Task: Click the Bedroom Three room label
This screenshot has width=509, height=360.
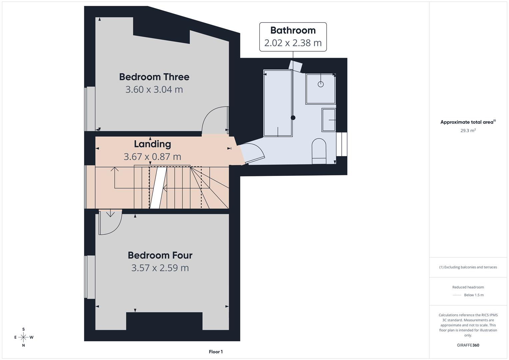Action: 154,77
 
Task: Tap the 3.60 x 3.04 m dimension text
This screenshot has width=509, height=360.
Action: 154,90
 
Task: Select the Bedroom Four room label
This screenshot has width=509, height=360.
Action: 160,255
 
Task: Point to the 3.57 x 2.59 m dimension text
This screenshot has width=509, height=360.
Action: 160,268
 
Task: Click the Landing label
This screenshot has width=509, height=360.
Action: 152,144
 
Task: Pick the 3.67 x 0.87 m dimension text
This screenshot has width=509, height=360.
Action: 152,157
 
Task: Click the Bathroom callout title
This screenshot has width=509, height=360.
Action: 293,30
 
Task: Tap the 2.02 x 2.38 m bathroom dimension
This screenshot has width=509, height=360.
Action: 293,43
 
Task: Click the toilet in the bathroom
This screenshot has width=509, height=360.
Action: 319,151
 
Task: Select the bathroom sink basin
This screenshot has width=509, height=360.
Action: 329,120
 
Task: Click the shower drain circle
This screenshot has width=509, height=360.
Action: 321,84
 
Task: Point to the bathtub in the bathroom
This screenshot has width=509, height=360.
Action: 278,103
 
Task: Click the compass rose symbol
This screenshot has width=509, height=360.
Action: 23,337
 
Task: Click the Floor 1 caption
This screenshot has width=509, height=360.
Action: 216,352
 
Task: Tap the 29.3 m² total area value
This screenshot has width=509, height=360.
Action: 468,130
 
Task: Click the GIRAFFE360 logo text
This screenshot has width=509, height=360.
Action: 468,345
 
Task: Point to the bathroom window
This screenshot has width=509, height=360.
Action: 342,144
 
